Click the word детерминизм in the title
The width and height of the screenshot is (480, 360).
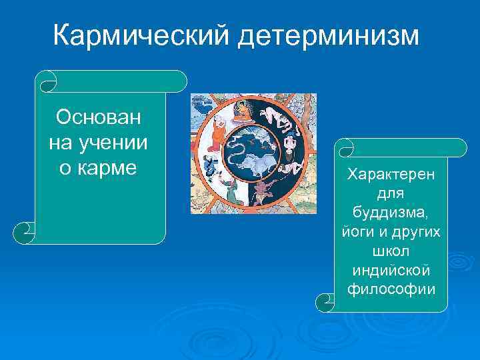pos(327,35)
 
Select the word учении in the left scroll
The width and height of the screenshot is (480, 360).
pos(115,143)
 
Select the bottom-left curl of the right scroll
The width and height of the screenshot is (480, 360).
pos(325,301)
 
